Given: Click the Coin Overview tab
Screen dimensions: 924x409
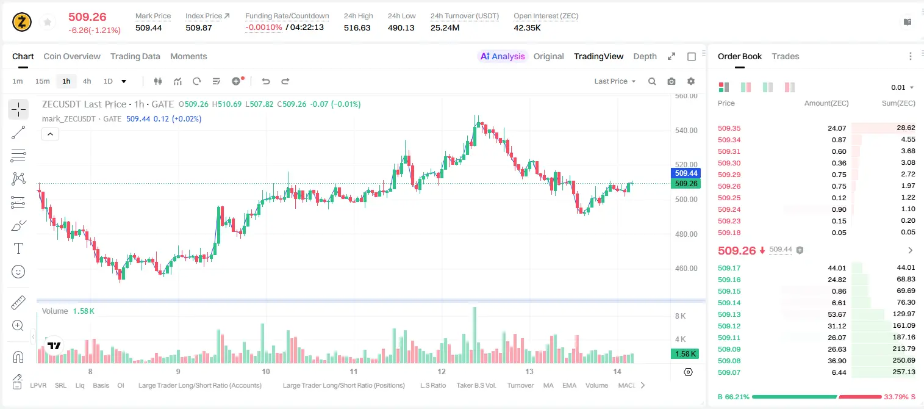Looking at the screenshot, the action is pos(72,56).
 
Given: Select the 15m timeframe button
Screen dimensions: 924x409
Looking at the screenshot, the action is pos(42,81).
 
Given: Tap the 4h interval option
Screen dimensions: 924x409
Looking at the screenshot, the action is pos(87,81).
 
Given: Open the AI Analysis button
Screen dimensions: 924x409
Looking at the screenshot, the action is pos(503,56).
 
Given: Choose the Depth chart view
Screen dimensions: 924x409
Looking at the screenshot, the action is pos(645,56).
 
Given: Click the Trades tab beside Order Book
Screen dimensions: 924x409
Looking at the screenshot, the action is pos(786,56).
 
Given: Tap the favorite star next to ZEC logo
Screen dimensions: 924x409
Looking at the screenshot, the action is pos(48,23).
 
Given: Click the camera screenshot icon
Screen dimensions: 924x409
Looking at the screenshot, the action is pos(672,81).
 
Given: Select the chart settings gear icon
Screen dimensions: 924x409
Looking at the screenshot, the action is pos(691,81).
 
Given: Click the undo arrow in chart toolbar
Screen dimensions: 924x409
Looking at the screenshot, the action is pos(266,81).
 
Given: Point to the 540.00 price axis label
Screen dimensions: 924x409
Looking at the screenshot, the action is pos(686,131).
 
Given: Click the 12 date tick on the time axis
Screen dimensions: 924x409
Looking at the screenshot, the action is pos(442,371).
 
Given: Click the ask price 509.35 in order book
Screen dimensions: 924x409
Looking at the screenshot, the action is pos(729,128).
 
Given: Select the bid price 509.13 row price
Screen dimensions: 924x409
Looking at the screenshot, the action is pos(729,314).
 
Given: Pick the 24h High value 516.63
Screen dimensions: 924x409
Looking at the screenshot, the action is pos(357,27).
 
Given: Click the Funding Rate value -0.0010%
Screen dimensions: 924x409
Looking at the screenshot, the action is pos(264,27).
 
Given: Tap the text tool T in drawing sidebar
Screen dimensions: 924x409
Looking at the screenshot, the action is pos(18,248).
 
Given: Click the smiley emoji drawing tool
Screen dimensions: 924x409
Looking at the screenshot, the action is pos(18,272).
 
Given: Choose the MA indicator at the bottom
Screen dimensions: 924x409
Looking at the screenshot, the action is pos(548,385).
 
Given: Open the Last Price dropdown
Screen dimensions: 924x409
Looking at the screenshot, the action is pos(615,81).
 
